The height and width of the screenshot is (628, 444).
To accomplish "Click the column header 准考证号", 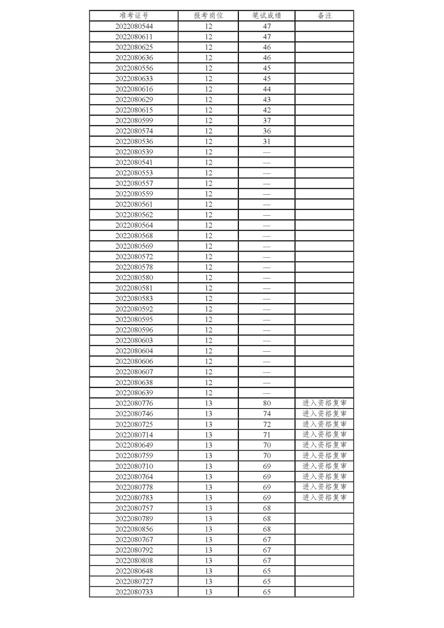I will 134,16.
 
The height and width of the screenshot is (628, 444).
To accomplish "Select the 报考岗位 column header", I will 208,16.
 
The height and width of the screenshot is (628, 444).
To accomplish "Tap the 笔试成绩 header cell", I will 267,16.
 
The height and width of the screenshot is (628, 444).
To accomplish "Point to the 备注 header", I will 324,16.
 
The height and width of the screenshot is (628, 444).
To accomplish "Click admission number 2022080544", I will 134,26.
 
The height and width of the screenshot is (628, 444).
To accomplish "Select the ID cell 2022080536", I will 134,141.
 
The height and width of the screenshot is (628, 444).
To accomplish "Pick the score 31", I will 267,141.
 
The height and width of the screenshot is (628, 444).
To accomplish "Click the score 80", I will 267,403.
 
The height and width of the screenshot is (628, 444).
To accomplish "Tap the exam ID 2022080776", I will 134,403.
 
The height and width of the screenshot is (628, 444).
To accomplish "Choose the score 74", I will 267,414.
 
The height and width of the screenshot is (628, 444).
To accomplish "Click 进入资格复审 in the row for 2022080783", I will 324,497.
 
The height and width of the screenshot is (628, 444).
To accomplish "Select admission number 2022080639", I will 134,393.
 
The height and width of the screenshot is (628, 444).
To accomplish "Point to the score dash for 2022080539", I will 267,152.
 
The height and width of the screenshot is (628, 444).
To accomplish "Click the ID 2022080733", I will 134,592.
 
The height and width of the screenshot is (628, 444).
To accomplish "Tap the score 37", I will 267,121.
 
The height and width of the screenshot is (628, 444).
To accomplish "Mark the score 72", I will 267,424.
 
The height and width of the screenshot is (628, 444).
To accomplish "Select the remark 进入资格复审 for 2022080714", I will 324,435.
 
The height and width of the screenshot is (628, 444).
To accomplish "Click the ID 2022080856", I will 134,529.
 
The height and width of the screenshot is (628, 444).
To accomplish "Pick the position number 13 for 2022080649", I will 208,445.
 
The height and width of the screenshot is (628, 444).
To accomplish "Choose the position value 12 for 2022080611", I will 208,37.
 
